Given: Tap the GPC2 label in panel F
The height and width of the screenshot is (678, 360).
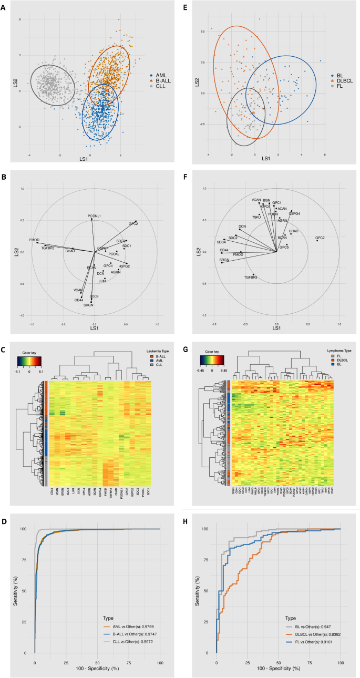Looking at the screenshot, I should pos(320,238).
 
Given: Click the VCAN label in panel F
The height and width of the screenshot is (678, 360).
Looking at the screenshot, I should pos(256,200).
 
